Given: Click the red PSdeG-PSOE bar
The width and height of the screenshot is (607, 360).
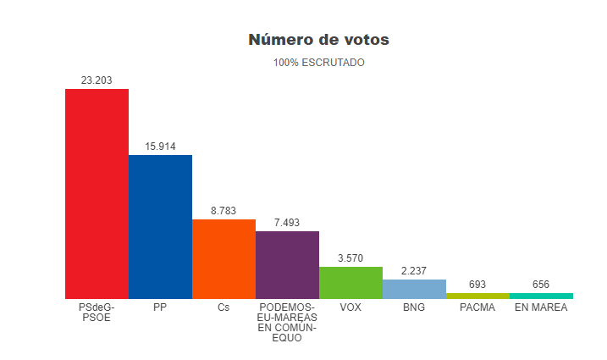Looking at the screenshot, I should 97,193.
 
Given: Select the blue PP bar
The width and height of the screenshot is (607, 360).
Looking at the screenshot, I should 160,226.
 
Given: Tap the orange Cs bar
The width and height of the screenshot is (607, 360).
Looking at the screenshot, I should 223,258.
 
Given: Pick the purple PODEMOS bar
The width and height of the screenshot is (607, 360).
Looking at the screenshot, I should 287,264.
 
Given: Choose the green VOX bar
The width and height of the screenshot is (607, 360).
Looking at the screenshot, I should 350,282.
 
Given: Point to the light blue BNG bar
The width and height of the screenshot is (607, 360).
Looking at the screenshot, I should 414,289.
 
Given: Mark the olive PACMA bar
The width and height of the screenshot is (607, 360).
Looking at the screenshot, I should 477,296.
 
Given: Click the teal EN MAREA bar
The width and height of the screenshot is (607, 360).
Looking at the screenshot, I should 541,296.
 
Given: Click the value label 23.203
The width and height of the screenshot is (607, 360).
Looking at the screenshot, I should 97,80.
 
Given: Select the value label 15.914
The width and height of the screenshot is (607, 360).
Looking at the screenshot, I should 160,147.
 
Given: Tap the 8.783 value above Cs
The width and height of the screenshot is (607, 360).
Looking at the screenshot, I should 223,211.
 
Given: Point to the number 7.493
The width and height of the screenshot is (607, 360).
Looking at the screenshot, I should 287,223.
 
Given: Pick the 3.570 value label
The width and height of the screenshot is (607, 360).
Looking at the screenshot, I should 350,258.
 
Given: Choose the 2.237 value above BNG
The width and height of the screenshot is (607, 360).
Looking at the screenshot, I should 414,271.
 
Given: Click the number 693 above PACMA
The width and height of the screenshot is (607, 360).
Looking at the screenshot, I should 477,285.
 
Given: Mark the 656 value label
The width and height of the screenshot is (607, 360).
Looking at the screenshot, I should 541,285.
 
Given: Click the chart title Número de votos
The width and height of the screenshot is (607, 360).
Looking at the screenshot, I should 318,40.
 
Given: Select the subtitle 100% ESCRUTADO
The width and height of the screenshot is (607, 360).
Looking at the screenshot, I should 318,63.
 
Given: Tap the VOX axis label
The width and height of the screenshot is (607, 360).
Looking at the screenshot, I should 350,307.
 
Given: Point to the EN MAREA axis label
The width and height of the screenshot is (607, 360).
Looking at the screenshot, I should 541,307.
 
